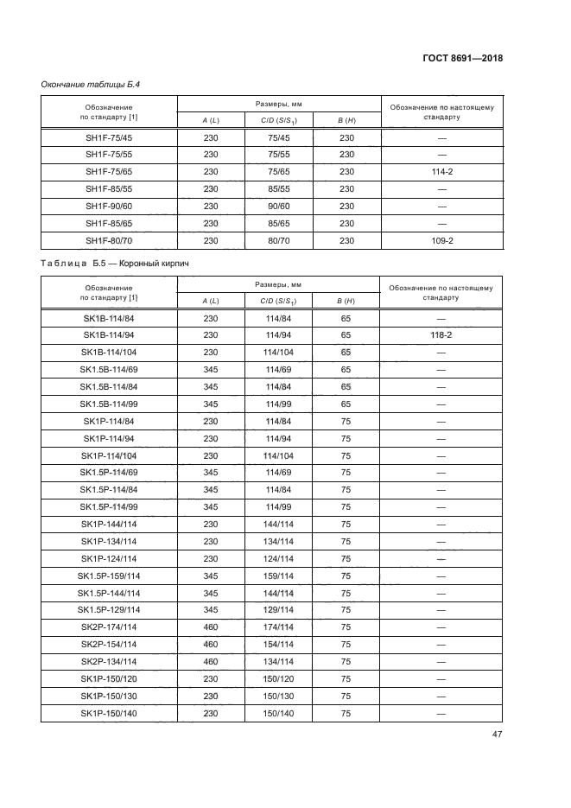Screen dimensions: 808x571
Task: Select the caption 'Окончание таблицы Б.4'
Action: pos(91,84)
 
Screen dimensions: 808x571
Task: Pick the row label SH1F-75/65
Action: pos(109,171)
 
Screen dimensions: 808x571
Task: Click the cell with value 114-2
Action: pos(441,171)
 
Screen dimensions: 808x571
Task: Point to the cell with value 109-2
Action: pos(441,239)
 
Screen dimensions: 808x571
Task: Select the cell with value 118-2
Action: pos(441,334)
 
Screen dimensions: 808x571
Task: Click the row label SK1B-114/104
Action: pos(109,352)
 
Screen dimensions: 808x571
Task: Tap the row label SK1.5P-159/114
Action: pos(109,576)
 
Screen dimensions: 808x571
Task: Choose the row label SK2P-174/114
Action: pos(109,627)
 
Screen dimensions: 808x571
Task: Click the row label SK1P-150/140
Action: pos(109,714)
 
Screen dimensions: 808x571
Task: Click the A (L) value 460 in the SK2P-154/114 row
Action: pos(210,645)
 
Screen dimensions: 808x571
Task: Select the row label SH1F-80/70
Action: pos(109,239)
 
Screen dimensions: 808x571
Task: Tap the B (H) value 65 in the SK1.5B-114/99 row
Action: pos(346,404)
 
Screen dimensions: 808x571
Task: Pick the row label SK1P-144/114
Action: pos(109,524)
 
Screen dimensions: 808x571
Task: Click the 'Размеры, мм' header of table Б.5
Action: pos(278,283)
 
